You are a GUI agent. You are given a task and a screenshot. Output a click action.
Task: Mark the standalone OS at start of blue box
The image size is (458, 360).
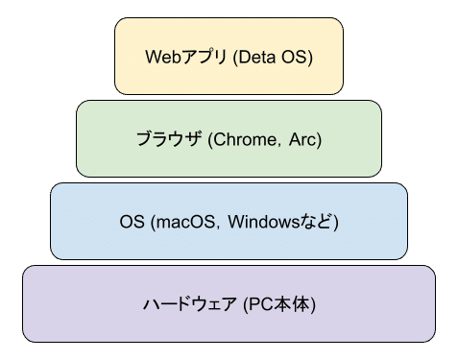coord(132,223)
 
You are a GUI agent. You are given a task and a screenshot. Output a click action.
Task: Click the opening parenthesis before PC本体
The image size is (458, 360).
coord(246,306)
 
